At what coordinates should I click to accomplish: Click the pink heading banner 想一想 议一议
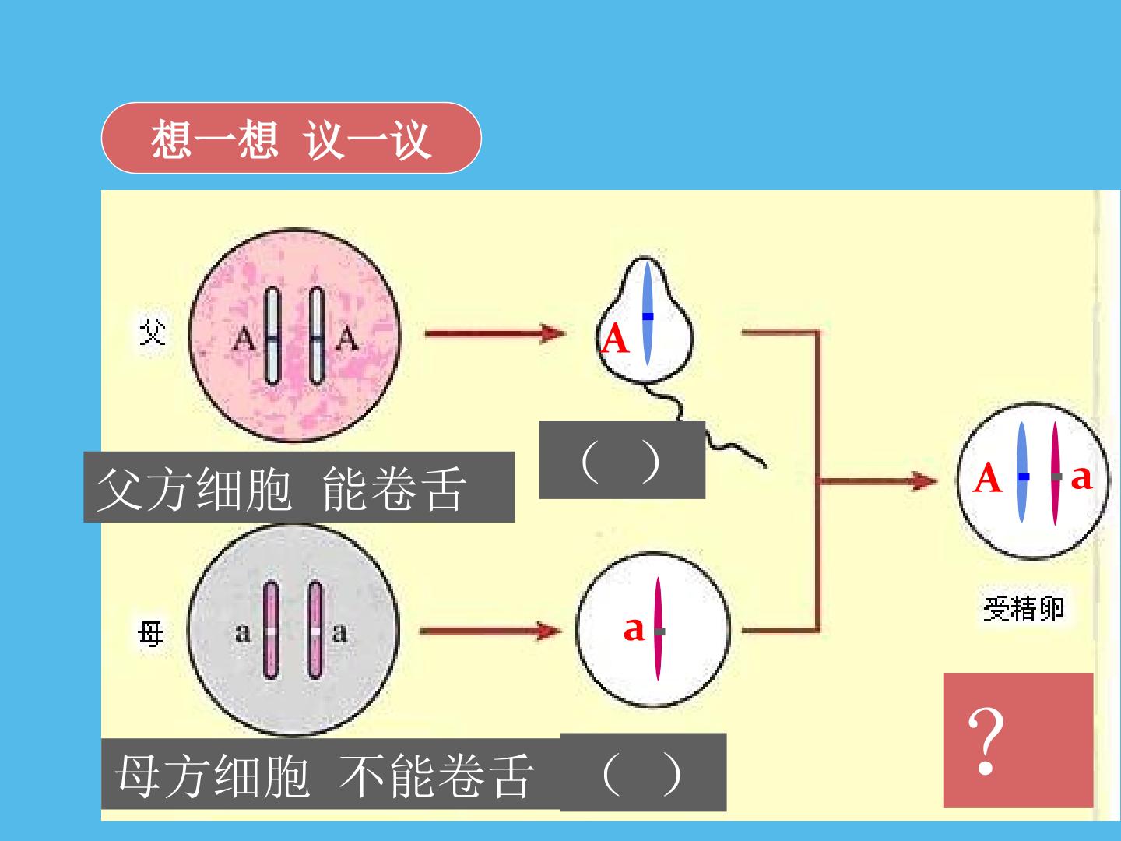(291, 138)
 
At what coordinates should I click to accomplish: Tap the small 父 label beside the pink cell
(152, 333)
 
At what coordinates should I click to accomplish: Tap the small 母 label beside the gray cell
(151, 633)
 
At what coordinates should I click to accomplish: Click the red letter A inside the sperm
(615, 338)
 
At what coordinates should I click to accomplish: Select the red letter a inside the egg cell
(634, 628)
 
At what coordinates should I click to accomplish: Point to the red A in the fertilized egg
(986, 477)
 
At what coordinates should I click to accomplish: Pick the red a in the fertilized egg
(1081, 477)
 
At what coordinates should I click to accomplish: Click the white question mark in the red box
(986, 741)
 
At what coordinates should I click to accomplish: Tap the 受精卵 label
(1024, 609)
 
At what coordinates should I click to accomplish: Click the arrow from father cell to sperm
(495, 333)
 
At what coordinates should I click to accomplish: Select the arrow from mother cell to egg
(490, 632)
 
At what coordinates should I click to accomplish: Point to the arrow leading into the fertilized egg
(877, 480)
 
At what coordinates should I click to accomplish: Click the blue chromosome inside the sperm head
(648, 313)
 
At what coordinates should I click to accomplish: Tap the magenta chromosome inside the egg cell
(659, 629)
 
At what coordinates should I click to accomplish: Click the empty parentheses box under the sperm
(622, 459)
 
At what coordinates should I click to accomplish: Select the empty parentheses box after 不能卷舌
(644, 772)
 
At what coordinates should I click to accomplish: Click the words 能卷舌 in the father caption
(394, 489)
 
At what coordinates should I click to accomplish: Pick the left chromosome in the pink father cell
(272, 335)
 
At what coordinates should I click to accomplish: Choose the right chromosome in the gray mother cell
(315, 630)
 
